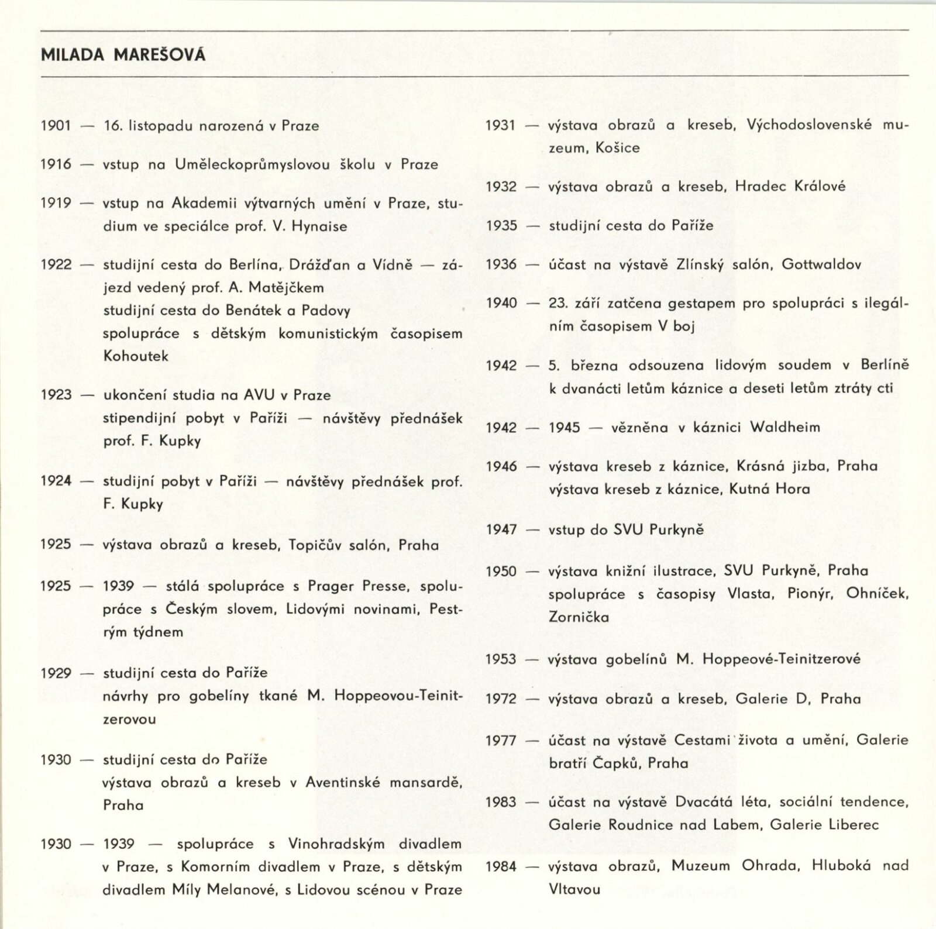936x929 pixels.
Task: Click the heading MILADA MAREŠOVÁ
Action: [x=123, y=56]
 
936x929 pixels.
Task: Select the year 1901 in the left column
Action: [x=56, y=126]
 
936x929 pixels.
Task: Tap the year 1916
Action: [x=56, y=164]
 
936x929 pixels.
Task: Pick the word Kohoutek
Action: [x=136, y=356]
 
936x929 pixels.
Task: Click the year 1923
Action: [x=56, y=395]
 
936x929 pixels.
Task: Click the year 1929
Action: [x=56, y=673]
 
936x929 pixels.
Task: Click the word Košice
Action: [x=617, y=148]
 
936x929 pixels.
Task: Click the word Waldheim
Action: [x=784, y=427]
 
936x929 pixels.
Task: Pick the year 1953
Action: [x=501, y=659]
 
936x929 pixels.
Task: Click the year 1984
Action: [x=501, y=866]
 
